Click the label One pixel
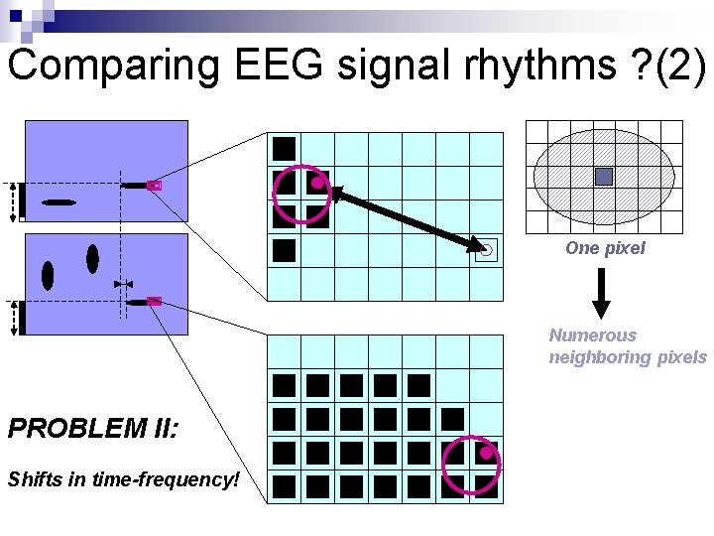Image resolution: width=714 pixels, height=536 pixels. [605, 248]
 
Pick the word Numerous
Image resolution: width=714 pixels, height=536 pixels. [593, 335]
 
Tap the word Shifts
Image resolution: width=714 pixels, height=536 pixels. [32, 479]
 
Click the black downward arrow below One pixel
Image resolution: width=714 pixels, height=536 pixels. [602, 295]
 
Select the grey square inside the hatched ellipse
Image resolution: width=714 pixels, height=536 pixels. [604, 177]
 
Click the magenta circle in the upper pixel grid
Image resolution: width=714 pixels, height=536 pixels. [300, 193]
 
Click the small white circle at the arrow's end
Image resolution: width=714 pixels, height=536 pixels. [486, 251]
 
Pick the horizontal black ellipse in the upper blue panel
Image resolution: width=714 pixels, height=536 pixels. [59, 202]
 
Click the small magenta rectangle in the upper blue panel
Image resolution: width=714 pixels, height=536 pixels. [154, 186]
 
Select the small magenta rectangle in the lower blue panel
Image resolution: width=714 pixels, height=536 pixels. [154, 301]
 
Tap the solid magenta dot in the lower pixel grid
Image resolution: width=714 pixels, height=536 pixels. [486, 453]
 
